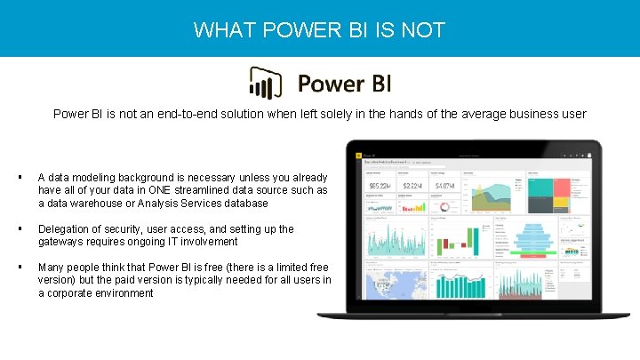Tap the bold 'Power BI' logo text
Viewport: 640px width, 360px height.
pyautogui.click(x=343, y=84)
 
